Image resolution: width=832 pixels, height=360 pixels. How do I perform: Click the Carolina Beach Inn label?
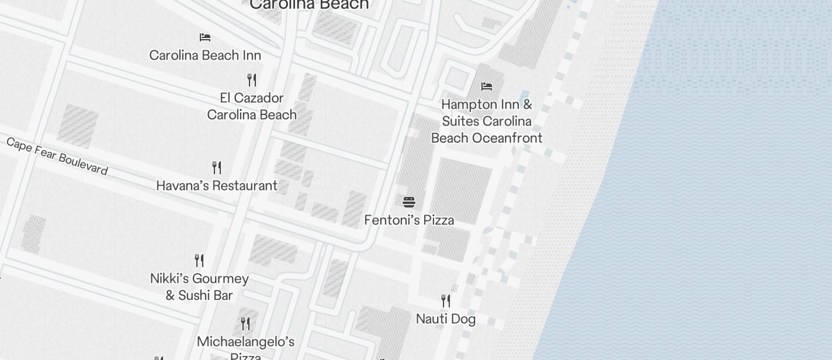pos(205,56)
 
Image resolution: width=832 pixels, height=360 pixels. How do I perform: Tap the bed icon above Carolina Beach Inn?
pos(205,37)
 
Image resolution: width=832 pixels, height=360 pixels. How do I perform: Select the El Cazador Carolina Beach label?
pos(252,106)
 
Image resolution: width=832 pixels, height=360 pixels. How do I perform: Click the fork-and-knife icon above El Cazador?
pos(252,79)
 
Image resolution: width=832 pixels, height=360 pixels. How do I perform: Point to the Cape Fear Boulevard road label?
pos(57,156)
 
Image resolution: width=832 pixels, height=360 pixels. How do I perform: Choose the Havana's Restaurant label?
pos(217,186)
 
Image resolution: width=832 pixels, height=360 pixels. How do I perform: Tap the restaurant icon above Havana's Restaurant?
pos(217,168)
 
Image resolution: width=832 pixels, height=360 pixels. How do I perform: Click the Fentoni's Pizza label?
pos(409,220)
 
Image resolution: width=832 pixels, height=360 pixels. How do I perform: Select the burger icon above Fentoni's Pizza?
pos(409,202)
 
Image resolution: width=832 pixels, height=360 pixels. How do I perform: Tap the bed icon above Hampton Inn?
pos(487,86)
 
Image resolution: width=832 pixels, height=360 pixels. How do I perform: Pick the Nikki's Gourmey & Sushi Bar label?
pos(199,287)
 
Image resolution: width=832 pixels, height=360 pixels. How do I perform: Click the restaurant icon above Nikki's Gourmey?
pos(199,260)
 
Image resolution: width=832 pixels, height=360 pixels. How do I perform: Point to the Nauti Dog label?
pos(446,319)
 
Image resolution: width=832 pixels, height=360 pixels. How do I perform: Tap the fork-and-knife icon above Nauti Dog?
pos(446,301)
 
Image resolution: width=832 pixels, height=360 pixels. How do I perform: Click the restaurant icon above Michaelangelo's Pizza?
pos(245,323)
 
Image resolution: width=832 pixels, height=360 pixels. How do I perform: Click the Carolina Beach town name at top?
pos(309,5)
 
